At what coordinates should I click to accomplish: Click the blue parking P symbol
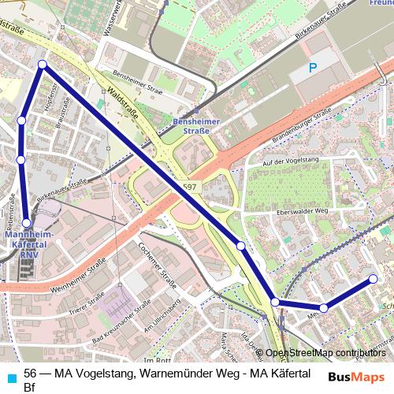[x=313, y=69]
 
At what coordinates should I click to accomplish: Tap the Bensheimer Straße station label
[x=191, y=126]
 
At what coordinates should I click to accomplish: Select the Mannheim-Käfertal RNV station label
[x=28, y=243]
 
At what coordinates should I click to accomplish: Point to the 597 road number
[x=188, y=186]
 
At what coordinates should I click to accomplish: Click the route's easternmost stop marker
[x=374, y=278]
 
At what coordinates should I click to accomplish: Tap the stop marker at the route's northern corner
[x=43, y=65]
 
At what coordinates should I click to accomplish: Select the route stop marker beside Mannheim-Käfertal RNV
[x=27, y=223]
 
